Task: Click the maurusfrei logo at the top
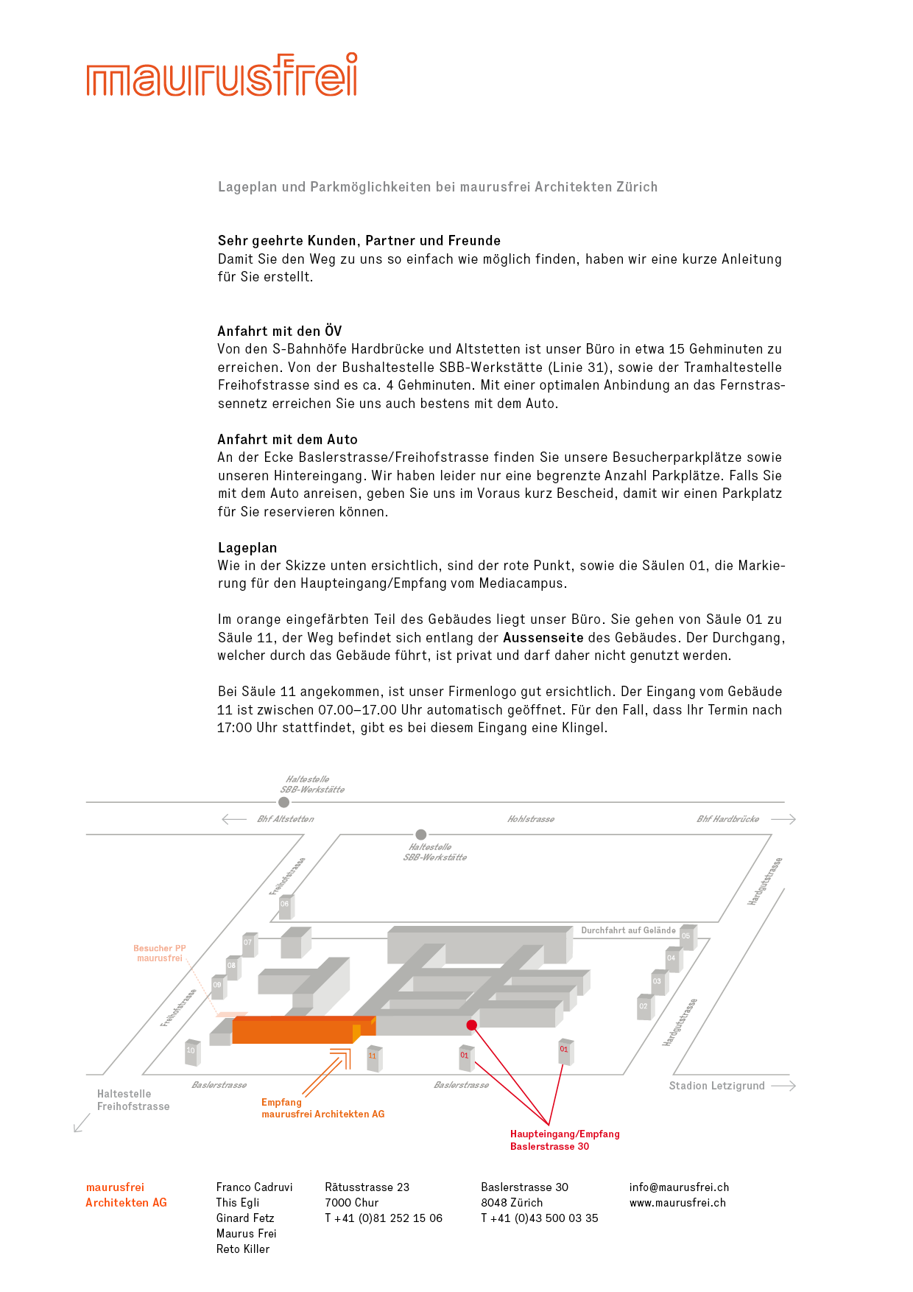pos(222,75)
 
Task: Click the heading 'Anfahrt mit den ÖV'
pos(280,331)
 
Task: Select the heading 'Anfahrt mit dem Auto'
pos(288,440)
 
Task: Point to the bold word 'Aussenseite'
pos(543,638)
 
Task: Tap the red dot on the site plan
pos(472,1025)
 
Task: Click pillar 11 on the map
pos(373,1057)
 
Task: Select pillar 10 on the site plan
pos(192,1051)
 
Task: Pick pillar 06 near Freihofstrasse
pos(286,905)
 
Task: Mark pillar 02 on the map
pos(644,1007)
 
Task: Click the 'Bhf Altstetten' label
pos(286,819)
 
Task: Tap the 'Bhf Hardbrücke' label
pos(727,819)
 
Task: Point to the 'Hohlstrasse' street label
pos(531,819)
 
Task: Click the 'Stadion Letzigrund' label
pos(716,1086)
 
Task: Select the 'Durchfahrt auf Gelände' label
pos(628,930)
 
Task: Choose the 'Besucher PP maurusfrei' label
pos(160,953)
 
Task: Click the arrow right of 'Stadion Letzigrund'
pos(783,1086)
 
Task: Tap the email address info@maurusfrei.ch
pos(679,1187)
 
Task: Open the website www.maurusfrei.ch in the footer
pos(677,1203)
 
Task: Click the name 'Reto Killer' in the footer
pos(243,1249)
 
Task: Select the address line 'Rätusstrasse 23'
pos(367,1187)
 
